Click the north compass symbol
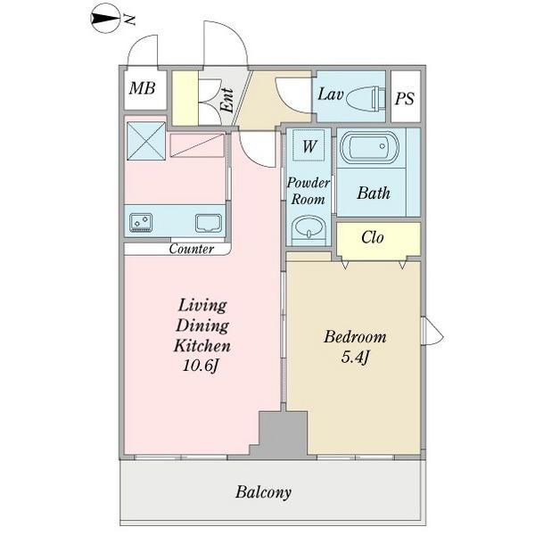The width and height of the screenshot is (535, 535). [x=105, y=19]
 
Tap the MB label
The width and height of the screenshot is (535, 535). [x=143, y=88]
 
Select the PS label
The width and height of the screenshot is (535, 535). [x=404, y=99]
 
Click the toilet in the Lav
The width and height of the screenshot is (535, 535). [x=366, y=98]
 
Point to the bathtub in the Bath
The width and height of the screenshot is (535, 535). [x=370, y=147]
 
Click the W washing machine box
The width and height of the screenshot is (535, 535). [x=309, y=145]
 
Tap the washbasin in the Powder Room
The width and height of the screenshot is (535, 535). [x=309, y=226]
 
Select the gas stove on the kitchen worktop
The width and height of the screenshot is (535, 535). [x=141, y=223]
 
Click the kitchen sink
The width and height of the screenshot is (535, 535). [x=209, y=224]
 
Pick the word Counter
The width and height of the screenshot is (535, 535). [x=192, y=249]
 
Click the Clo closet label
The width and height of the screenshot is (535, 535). [x=372, y=237]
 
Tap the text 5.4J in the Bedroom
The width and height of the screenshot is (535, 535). [x=355, y=358]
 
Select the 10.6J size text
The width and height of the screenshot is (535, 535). [x=201, y=366]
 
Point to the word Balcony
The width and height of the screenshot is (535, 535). [x=263, y=492]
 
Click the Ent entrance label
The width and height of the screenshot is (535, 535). [x=227, y=100]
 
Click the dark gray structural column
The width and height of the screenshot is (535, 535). [x=279, y=435]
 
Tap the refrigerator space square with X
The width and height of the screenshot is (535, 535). [x=146, y=141]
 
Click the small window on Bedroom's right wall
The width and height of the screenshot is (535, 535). [x=432, y=332]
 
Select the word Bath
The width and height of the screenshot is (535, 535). [x=374, y=193]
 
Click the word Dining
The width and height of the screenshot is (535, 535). [x=202, y=325]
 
